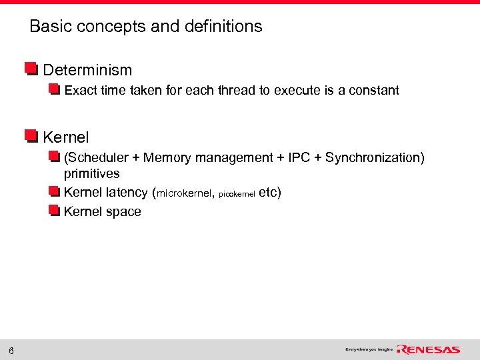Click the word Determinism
coord(87,70)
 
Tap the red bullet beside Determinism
coord(31,69)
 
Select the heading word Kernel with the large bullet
coord(65,138)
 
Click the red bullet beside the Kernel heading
coord(31,137)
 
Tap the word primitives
coord(91,174)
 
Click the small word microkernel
coord(185,194)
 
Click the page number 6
coord(12,351)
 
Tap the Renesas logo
coord(429,349)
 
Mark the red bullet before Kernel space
coord(55,211)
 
